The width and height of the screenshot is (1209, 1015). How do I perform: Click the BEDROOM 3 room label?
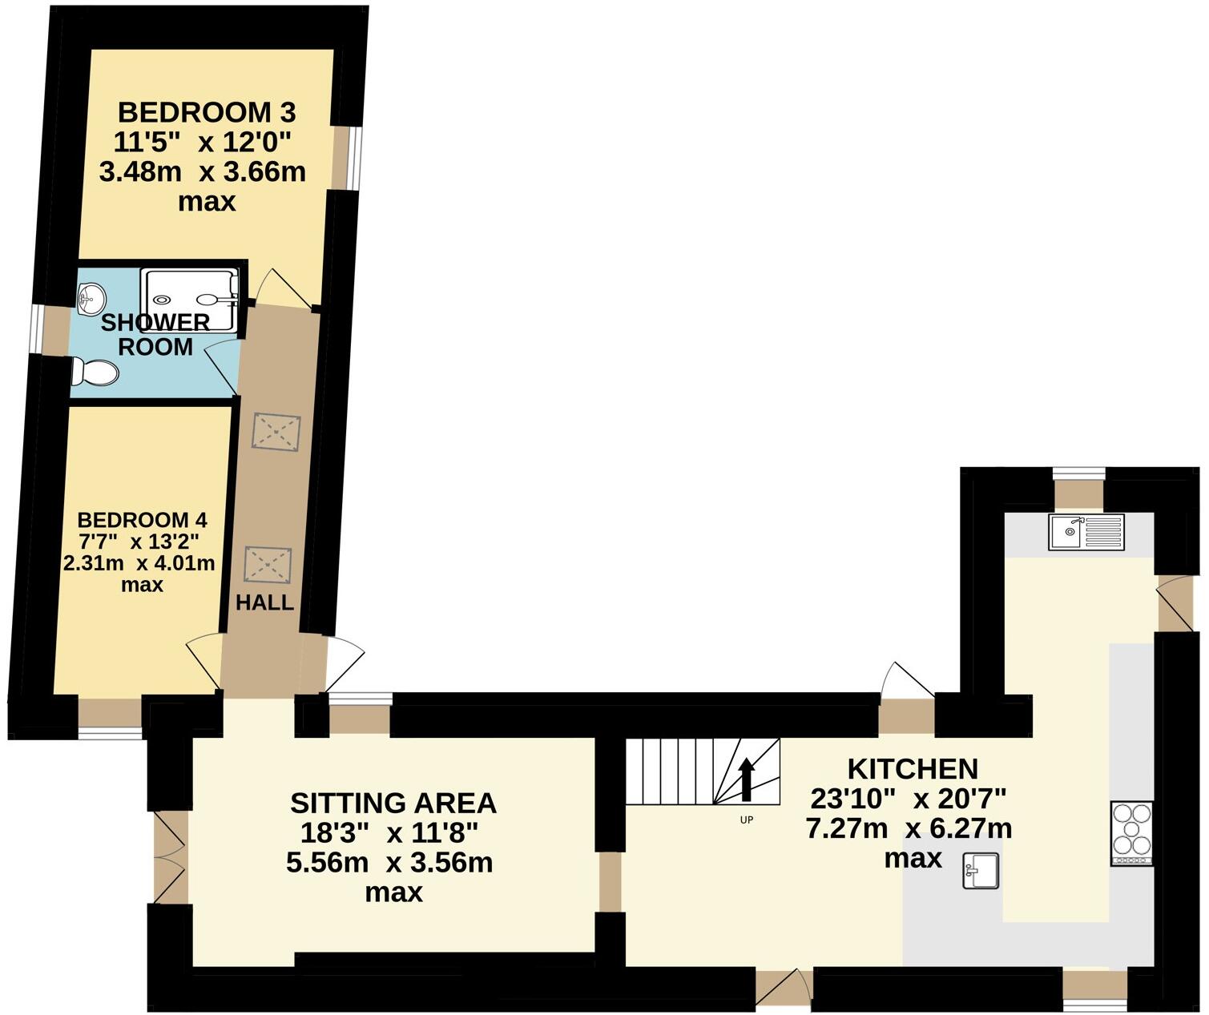tap(207, 111)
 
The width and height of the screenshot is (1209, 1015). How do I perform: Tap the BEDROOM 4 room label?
tap(142, 518)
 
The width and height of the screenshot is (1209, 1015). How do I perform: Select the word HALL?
tap(264, 602)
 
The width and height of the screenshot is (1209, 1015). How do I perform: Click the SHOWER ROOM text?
tap(155, 335)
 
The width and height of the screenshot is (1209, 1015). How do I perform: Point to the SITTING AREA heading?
tap(393, 803)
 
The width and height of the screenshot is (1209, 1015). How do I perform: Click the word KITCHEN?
tap(913, 769)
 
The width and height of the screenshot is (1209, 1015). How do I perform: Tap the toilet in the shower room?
tap(95, 373)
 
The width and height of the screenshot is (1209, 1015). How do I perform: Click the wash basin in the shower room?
tap(91, 299)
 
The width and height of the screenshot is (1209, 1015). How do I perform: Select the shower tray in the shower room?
tap(190, 300)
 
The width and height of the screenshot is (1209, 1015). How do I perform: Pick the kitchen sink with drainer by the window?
tap(1086, 532)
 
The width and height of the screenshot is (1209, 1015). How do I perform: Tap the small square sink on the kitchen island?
tap(981, 871)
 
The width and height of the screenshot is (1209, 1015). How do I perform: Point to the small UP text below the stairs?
tap(746, 820)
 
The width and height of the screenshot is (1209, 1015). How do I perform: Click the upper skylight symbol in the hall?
tap(276, 433)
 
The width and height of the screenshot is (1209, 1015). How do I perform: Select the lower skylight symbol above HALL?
tap(268, 565)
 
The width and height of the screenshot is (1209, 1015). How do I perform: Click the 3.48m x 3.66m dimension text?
tap(203, 172)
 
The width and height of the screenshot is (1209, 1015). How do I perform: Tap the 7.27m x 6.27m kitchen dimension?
tap(909, 828)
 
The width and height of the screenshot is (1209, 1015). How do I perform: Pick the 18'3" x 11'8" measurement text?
tap(389, 833)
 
